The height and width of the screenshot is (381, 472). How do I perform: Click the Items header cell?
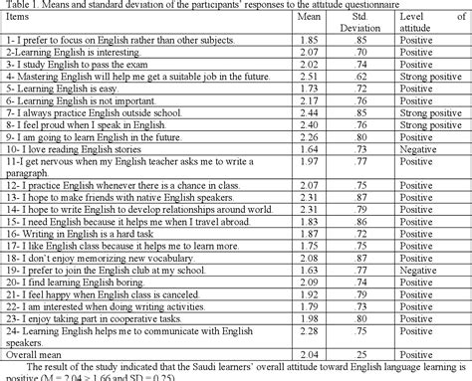[x=23, y=21]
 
